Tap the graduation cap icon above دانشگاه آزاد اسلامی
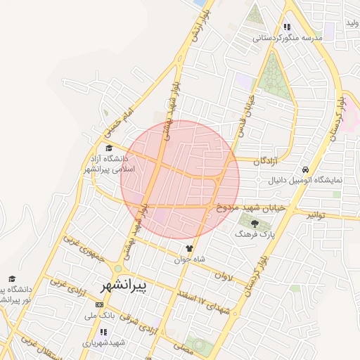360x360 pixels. click(x=108, y=148)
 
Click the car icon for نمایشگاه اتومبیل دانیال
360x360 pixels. click(x=304, y=169)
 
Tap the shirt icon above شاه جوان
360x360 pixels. click(x=188, y=248)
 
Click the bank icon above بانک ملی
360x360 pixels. click(x=98, y=304)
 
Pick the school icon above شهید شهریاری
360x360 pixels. click(x=103, y=332)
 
